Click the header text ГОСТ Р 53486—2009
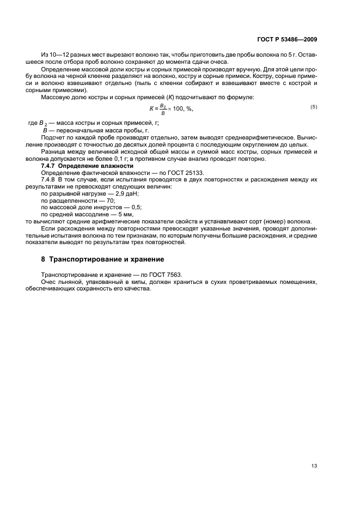pos(287,40)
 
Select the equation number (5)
pos(314,107)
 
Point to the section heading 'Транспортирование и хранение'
pos(102,259)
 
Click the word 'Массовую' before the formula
pos(57,97)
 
